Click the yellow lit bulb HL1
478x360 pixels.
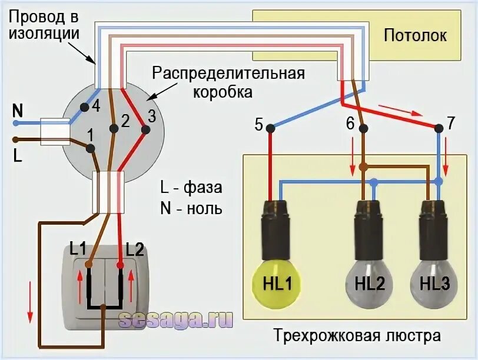(x=274, y=284)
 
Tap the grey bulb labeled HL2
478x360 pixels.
(x=370, y=284)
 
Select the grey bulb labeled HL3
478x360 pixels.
(x=435, y=284)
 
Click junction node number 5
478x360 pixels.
(x=270, y=127)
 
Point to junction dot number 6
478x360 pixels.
(x=363, y=127)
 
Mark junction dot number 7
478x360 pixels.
(x=439, y=127)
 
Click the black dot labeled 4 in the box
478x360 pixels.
(x=84, y=106)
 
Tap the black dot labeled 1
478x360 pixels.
(x=89, y=148)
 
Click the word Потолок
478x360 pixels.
(x=415, y=35)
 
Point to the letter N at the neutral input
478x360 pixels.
(x=18, y=110)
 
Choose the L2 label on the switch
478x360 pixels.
(x=134, y=249)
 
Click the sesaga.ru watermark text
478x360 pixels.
(x=175, y=319)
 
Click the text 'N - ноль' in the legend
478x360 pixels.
(x=191, y=209)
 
